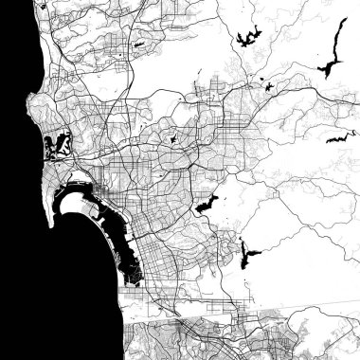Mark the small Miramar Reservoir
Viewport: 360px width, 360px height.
(139, 44)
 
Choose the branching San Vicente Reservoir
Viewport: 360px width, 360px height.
(248, 40)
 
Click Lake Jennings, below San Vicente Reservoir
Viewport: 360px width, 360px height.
(270, 87)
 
